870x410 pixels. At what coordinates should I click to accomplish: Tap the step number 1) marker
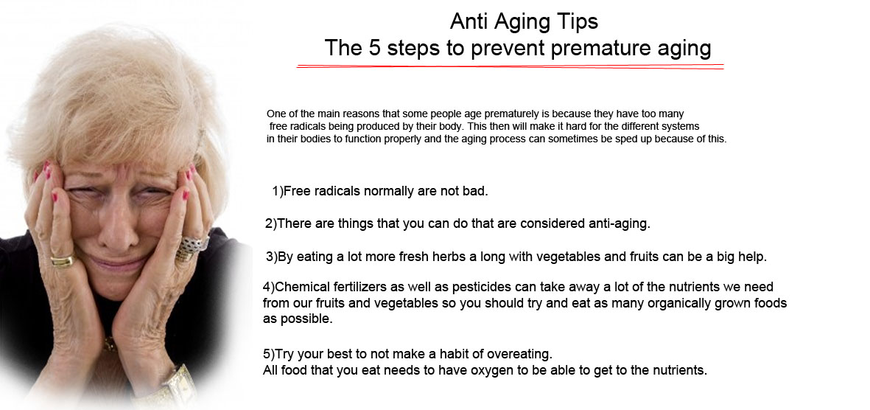pyautogui.click(x=278, y=191)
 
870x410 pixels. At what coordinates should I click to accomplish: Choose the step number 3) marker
pyautogui.click(x=271, y=257)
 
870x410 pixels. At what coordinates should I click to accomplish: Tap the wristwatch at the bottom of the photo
pyautogui.click(x=177, y=384)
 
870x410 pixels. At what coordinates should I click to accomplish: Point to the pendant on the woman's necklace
pyautogui.click(x=110, y=342)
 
